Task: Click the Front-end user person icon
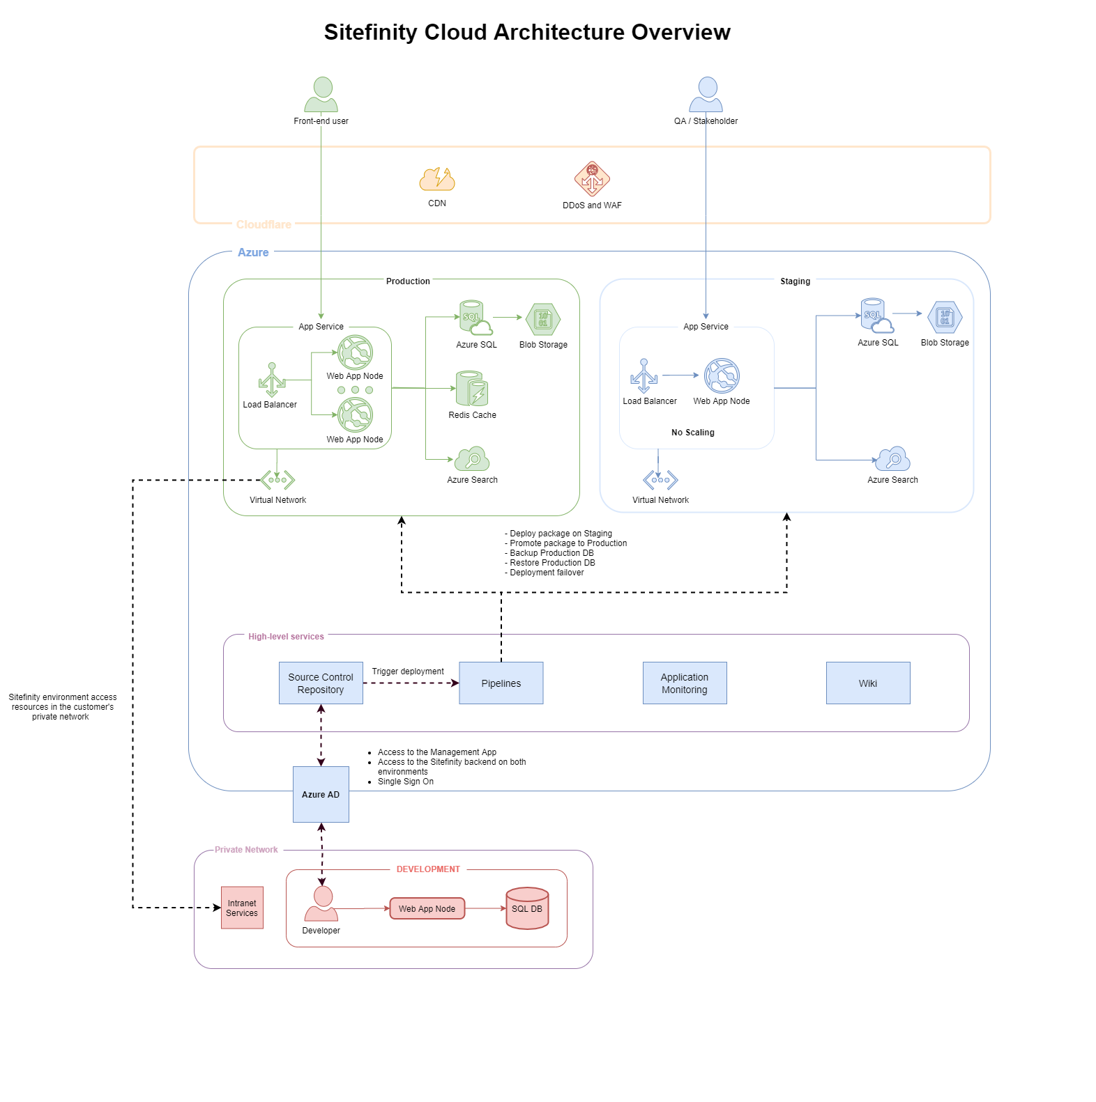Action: [x=321, y=95]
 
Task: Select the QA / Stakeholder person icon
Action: [x=706, y=95]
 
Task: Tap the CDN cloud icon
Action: [x=437, y=180]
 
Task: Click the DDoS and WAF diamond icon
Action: [x=592, y=179]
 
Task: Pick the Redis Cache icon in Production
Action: [x=472, y=389]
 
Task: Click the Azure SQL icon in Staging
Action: [x=876, y=316]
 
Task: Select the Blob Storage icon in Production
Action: [x=543, y=320]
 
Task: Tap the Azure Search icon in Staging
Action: [x=893, y=460]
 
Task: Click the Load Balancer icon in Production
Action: [x=272, y=380]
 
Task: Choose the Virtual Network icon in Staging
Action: [x=660, y=480]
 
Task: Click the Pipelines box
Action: [x=501, y=683]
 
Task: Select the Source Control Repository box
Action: [x=321, y=683]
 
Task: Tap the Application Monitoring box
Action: [x=684, y=683]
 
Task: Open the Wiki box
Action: [x=868, y=683]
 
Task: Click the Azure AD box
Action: [x=321, y=795]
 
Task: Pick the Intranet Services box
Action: [x=242, y=908]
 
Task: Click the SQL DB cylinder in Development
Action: [x=527, y=908]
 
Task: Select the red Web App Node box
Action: [x=427, y=908]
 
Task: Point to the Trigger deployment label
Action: [x=408, y=672]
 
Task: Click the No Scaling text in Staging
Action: [x=692, y=433]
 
